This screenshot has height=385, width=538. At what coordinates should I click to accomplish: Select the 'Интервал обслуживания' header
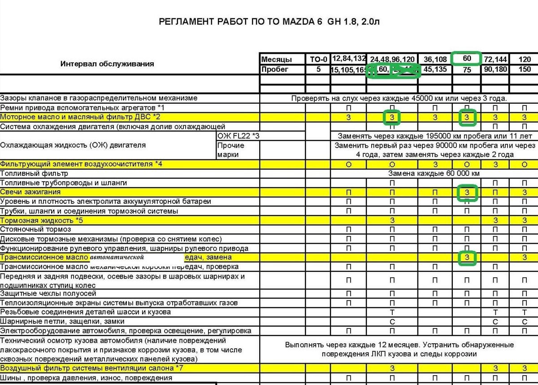click(107, 64)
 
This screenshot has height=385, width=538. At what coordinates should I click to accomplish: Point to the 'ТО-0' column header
click(319, 59)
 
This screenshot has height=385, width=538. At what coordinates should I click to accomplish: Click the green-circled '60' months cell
click(467, 59)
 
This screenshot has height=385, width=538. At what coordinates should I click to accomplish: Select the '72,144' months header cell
click(495, 59)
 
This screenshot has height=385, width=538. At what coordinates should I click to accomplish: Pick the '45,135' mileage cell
click(435, 69)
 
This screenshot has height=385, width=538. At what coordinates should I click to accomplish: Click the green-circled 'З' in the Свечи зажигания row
click(467, 192)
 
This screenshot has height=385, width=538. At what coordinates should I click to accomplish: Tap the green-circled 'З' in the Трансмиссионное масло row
click(467, 258)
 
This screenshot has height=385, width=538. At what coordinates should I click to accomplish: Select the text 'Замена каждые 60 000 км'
click(434, 173)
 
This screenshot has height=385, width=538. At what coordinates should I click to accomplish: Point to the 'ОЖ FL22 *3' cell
click(238, 136)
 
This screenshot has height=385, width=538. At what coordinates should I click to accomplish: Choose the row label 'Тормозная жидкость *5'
click(42, 220)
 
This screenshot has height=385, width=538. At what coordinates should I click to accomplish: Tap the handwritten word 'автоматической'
click(117, 258)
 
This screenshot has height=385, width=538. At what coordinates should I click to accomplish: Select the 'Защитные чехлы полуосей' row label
click(48, 293)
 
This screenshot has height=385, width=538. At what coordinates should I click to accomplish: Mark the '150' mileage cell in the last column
click(524, 69)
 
